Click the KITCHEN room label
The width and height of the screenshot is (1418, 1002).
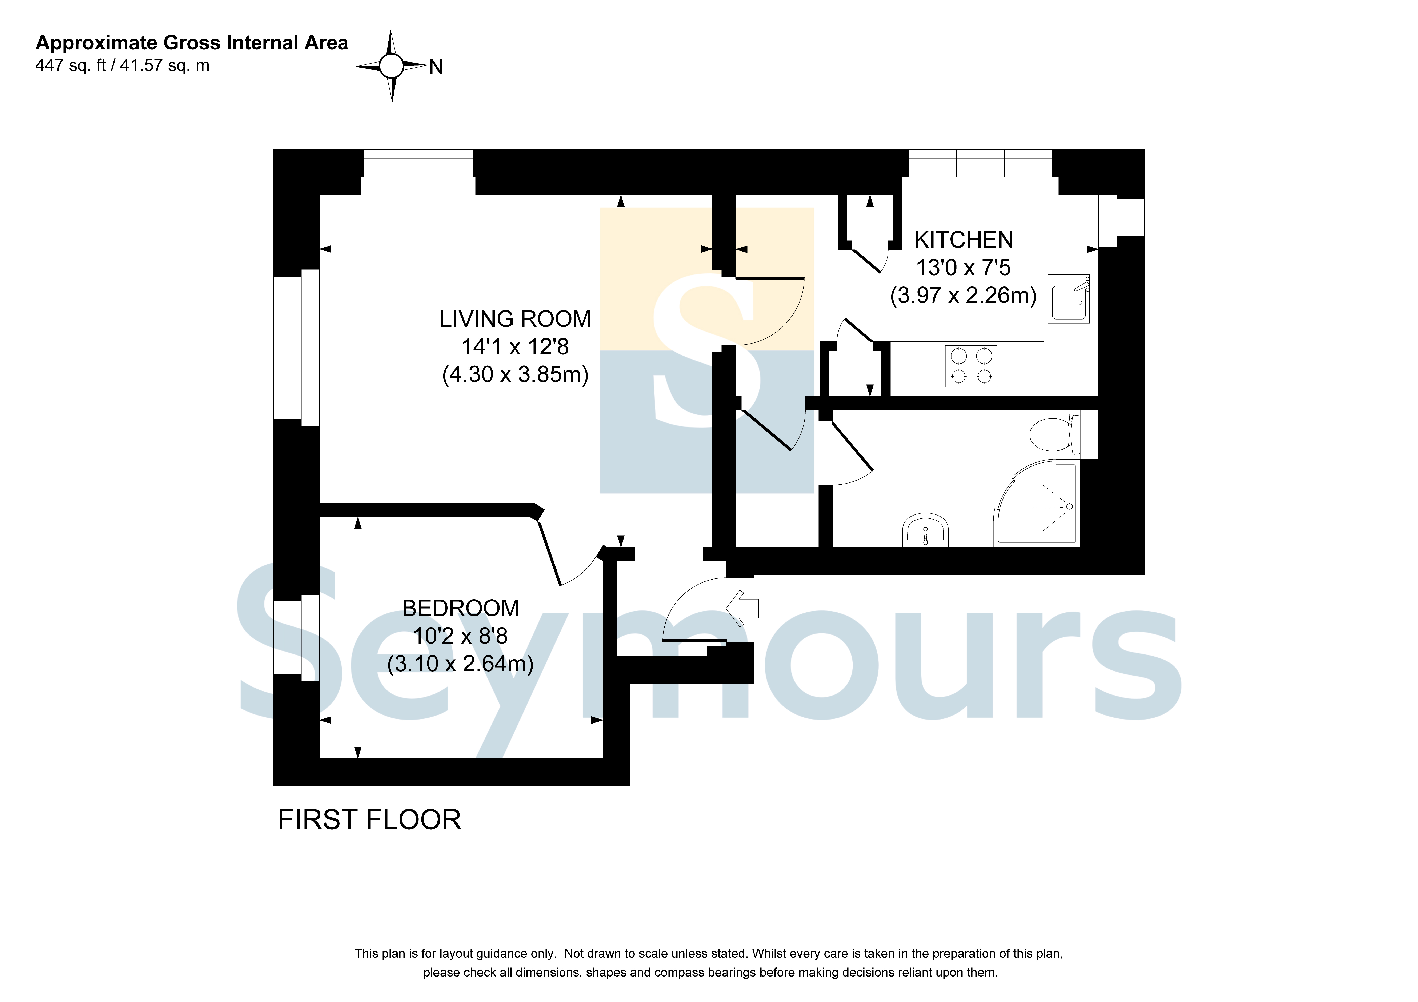(x=964, y=240)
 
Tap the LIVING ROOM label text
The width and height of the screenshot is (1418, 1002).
(x=515, y=319)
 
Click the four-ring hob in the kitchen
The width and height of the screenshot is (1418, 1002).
(x=971, y=366)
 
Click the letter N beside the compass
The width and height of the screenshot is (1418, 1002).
(x=436, y=67)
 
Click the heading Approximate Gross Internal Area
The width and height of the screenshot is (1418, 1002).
(x=191, y=43)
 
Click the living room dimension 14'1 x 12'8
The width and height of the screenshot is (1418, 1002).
(x=515, y=346)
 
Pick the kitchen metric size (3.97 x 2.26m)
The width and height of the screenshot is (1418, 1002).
(x=964, y=295)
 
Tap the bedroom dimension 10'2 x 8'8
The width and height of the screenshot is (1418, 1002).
(x=461, y=636)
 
